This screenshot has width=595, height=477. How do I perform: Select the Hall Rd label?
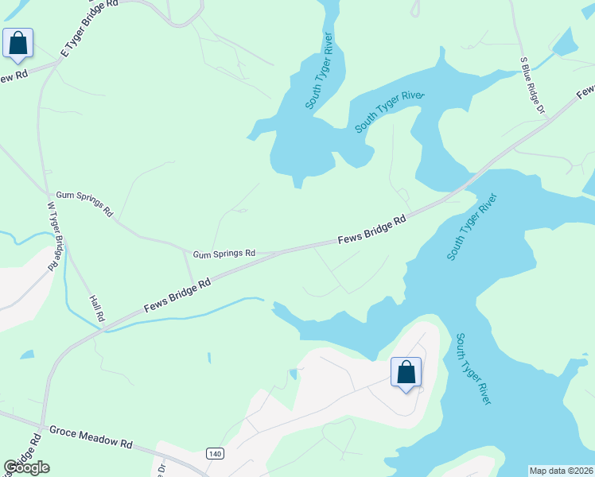[97, 305]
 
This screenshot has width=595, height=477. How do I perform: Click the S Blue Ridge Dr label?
[532, 85]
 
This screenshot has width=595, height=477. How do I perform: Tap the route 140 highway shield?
[214, 453]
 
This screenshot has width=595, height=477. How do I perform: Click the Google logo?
[26, 467]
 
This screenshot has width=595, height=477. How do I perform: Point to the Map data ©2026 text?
[561, 470]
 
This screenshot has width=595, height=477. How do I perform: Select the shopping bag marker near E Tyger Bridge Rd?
[18, 44]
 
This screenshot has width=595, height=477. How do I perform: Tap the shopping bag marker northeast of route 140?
[406, 373]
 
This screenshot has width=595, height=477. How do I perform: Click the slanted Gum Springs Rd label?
[85, 204]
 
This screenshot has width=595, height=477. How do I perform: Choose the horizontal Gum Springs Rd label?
[224, 254]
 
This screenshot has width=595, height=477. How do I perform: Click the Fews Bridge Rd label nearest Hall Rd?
[177, 295]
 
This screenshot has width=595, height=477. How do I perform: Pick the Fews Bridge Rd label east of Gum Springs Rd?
[371, 229]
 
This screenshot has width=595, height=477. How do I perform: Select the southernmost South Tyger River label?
[472, 368]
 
